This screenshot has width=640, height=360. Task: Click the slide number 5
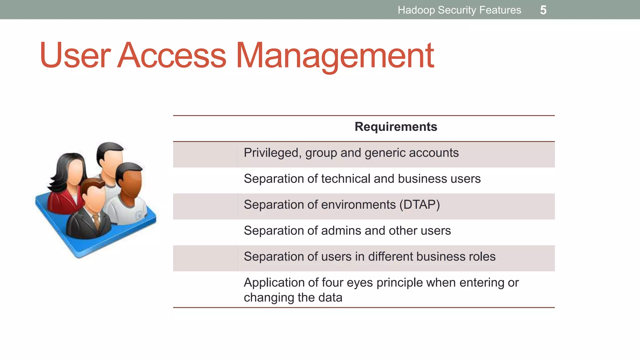click(543, 10)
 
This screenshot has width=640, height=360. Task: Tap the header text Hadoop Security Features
click(459, 10)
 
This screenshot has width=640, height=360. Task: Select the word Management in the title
click(335, 55)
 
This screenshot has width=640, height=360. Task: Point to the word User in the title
click(75, 55)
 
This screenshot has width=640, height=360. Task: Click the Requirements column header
click(396, 127)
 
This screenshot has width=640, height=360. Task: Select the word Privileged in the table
click(271, 153)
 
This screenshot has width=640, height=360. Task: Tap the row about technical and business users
click(362, 179)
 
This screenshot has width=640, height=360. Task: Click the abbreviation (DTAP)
click(419, 205)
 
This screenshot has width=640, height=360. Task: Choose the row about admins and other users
click(347, 231)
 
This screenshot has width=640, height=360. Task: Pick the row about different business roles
click(369, 257)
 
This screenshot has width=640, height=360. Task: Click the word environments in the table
click(358, 205)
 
